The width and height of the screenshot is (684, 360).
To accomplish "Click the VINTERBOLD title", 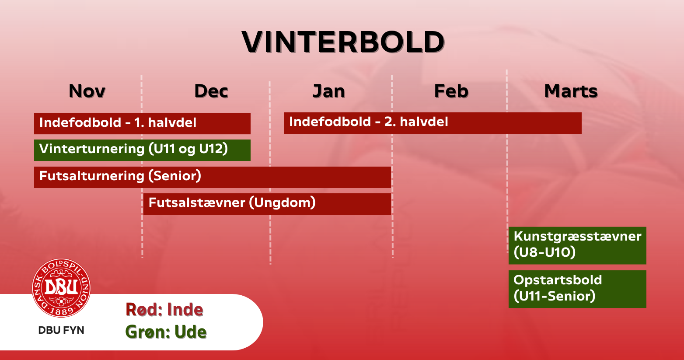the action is point(343,42).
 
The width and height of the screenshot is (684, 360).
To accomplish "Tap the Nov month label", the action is point(87,91).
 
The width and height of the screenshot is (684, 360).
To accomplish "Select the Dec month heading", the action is point(211,91).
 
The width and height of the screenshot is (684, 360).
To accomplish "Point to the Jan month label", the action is point(329,91).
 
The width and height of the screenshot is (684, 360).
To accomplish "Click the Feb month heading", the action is point(451,91).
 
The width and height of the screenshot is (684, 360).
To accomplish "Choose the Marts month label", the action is point(571,91).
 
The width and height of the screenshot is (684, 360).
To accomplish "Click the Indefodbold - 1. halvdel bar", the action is point(142,123).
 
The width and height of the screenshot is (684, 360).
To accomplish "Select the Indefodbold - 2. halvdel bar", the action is point(433,123).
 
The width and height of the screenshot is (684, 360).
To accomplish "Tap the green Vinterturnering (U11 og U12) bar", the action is point(142,150).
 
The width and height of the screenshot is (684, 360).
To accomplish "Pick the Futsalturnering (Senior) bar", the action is point(213,177).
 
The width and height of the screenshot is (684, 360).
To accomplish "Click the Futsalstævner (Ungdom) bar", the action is point(267,204).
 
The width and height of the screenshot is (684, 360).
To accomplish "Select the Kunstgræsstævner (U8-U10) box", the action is point(577,245).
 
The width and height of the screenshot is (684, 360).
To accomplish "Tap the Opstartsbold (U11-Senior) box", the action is point(577,289).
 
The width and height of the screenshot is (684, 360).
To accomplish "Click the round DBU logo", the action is point(61,288).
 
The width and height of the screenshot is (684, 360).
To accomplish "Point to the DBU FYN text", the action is point(61,330).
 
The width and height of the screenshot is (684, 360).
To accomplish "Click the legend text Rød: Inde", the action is point(164,310).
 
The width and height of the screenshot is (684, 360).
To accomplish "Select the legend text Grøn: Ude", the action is point(166,332).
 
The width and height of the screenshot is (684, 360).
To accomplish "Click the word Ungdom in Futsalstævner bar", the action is point(283,203).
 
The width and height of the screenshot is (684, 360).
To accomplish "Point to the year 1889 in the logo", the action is point(62,311).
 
